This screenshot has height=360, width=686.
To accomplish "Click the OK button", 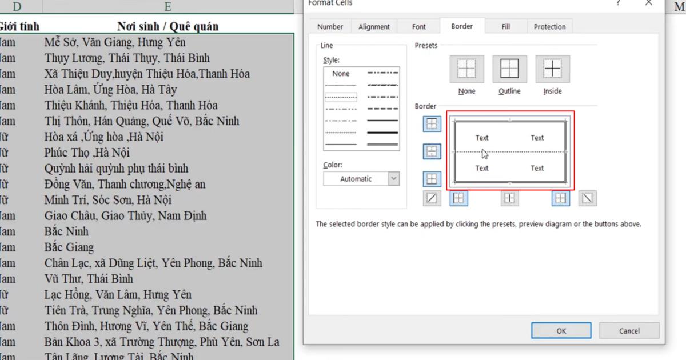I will point(561,331).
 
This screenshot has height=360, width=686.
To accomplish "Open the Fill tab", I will point(505,27).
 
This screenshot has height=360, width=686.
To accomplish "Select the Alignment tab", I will point(374,27).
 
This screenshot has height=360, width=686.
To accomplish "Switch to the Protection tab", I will point(549,27).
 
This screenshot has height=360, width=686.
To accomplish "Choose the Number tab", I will point(330,27).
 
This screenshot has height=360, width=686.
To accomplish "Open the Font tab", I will point(419,27).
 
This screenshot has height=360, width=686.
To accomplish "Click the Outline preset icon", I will point(509,69).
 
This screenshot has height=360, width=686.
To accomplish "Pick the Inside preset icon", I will point(552,69).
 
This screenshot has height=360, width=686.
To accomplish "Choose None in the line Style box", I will point(341,74).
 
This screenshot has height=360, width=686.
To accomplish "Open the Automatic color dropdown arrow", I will point(393,179).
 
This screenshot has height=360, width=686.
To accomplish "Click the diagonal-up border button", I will point(432,198).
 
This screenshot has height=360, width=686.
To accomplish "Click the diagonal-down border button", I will point(587,198).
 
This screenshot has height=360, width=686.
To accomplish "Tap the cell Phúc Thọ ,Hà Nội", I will point(87,153).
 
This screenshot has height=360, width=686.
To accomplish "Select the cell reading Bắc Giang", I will point(69,247).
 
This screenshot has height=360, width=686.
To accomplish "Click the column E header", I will point(167,7).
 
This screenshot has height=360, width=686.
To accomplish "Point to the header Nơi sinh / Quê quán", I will point(167,26).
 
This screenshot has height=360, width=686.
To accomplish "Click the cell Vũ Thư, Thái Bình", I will point(89,279).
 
